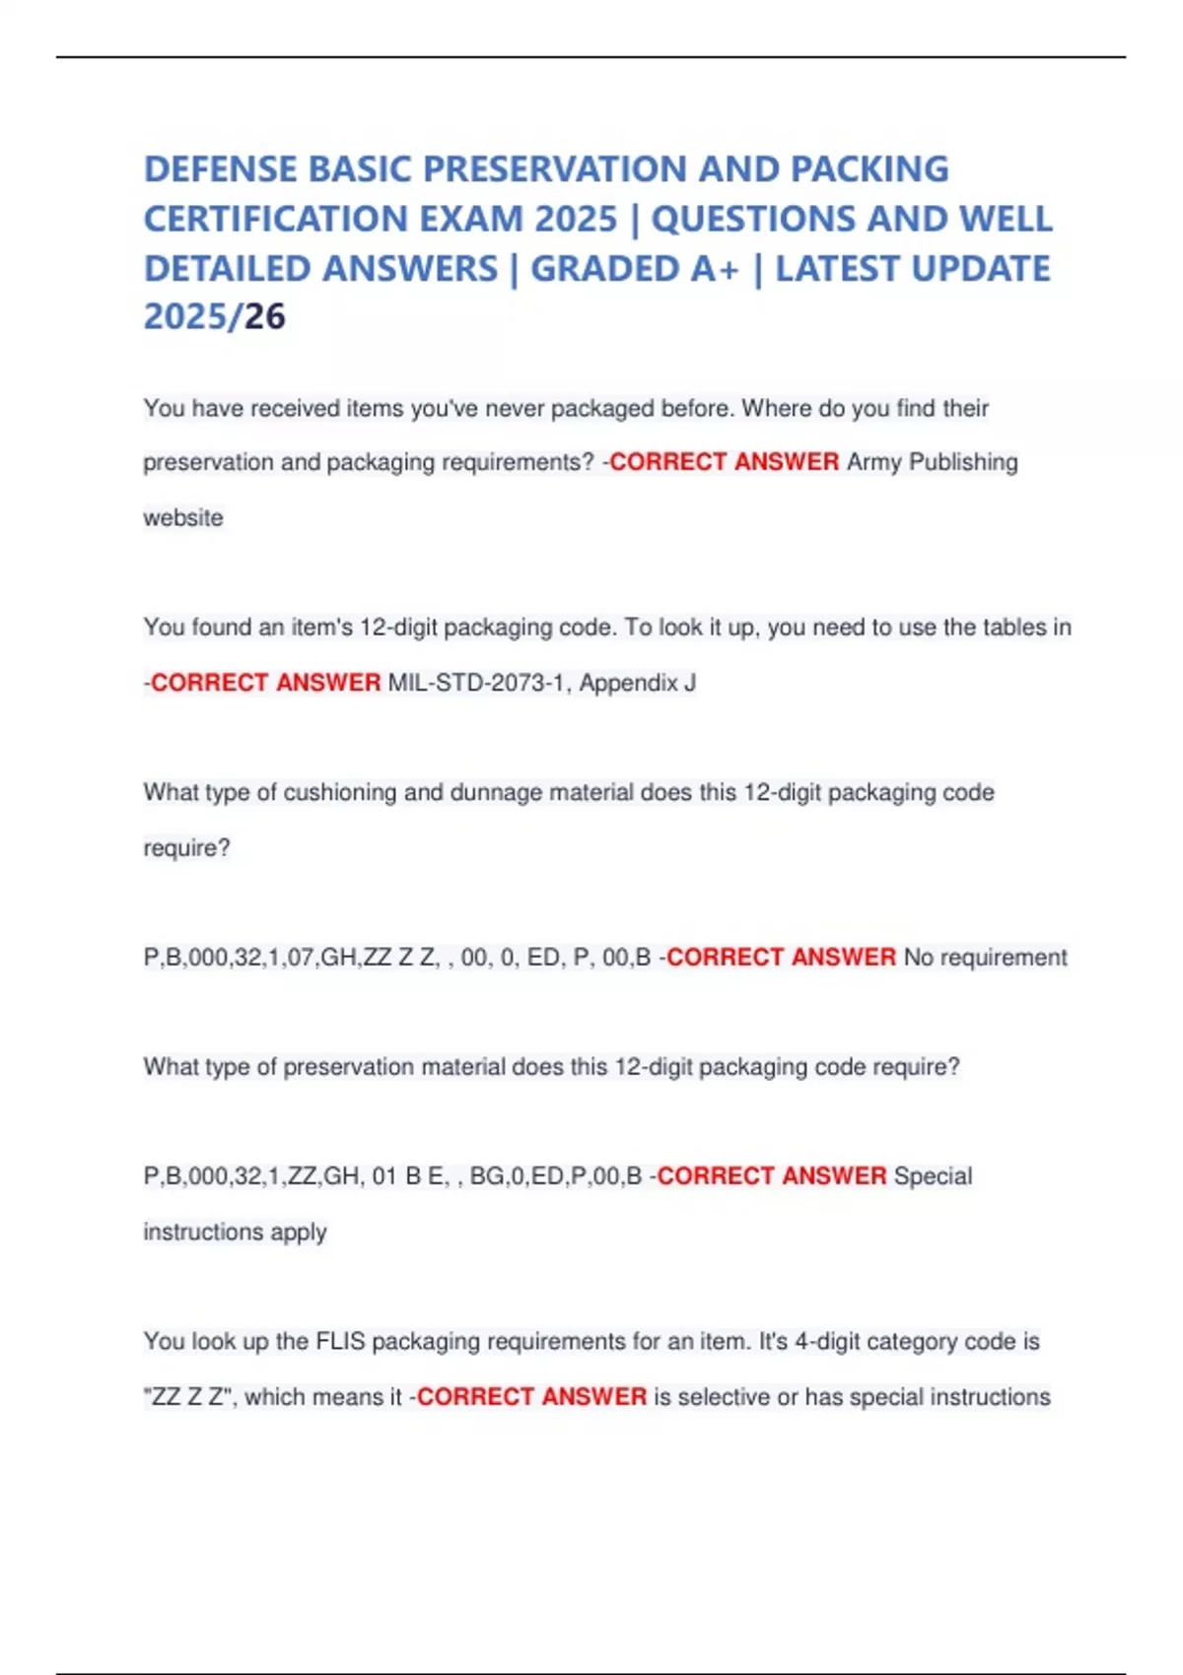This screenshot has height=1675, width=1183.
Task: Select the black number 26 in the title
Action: pyautogui.click(x=265, y=317)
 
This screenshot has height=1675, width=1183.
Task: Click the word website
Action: pyautogui.click(x=183, y=517)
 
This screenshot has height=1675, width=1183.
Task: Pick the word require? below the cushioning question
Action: pyautogui.click(x=186, y=848)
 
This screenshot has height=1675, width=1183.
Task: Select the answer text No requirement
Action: pyautogui.click(x=985, y=958)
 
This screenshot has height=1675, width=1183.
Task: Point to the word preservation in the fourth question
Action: pyautogui.click(x=348, y=1067)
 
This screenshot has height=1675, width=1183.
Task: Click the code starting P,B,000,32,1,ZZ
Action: pyautogui.click(x=392, y=1176)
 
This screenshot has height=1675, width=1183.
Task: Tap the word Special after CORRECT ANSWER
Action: pyautogui.click(x=933, y=1176)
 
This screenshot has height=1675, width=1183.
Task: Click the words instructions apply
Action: pyautogui.click(x=235, y=1232)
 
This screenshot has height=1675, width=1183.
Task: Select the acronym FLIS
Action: pyautogui.click(x=340, y=1342)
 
